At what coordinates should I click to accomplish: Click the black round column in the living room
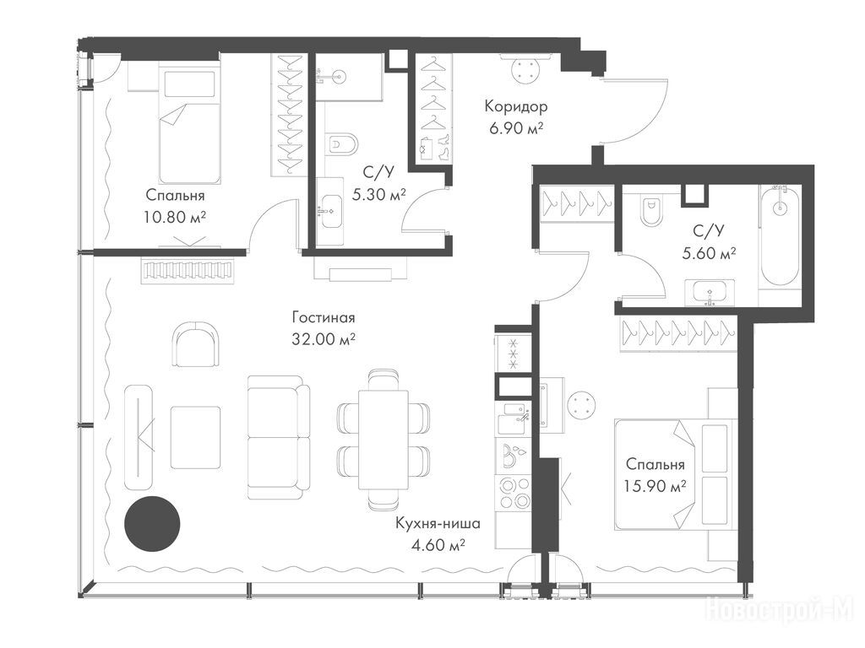[x=152, y=524]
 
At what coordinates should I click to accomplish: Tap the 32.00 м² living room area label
[x=324, y=339]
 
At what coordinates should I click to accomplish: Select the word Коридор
[x=516, y=105]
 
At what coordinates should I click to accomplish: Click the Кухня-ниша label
[x=438, y=523]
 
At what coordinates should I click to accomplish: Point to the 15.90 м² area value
[x=656, y=486]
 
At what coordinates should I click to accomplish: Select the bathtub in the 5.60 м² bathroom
[x=779, y=235]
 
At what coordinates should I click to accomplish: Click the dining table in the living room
[x=384, y=440]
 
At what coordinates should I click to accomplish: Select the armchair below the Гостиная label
[x=196, y=345]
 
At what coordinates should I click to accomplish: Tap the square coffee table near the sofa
[x=195, y=438]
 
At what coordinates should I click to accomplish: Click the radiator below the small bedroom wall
[x=188, y=271]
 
